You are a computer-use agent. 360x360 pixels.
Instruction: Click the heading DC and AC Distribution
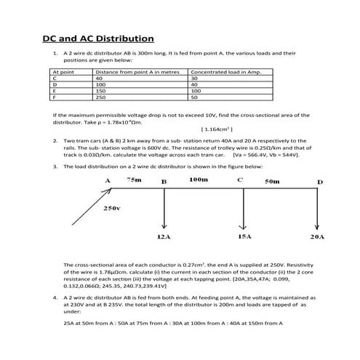97,39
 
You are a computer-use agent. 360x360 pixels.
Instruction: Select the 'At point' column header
63,73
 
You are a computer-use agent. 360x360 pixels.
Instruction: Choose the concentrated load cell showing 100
196,90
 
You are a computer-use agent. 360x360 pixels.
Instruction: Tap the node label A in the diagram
107,180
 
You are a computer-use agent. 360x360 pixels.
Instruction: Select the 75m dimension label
135,179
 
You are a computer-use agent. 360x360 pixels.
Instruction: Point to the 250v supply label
112,208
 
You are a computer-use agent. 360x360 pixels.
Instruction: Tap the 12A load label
164,237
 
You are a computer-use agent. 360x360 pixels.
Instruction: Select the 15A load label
244,237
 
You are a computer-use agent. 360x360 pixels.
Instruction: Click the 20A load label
316,237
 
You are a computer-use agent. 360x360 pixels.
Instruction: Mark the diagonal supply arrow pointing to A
88,207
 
